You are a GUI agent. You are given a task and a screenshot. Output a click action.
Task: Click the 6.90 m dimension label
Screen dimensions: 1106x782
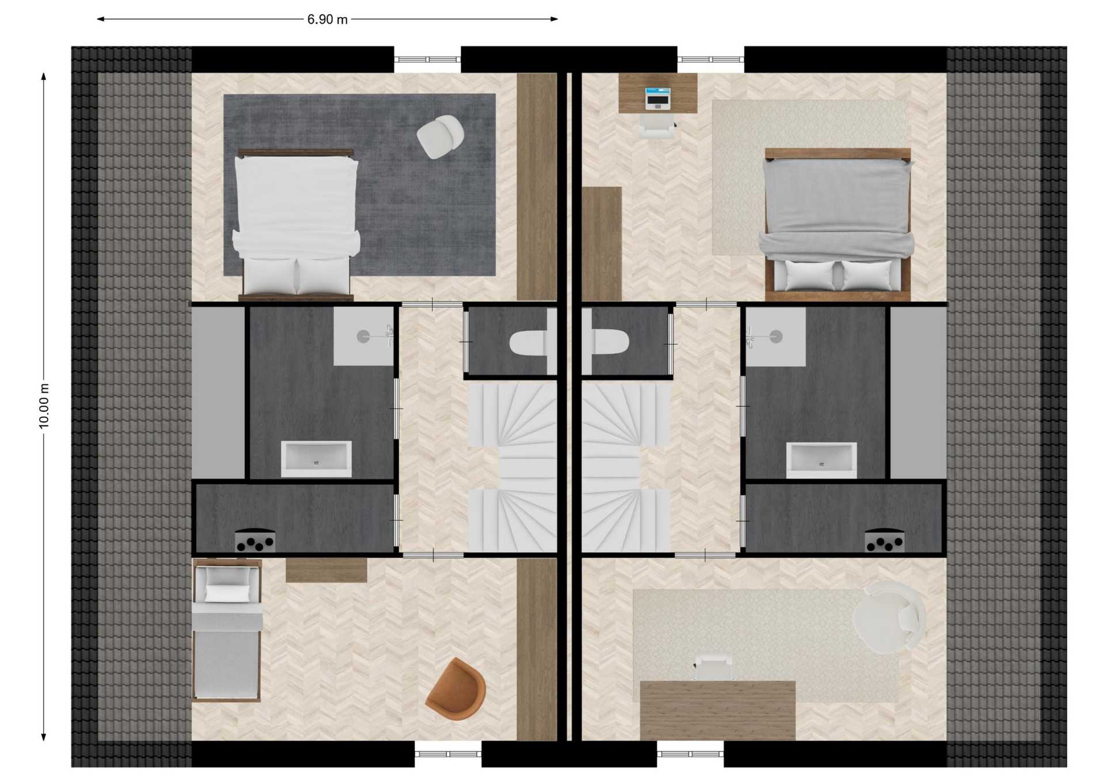(327, 20)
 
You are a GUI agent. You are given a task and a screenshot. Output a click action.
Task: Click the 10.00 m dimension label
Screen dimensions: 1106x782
(44, 406)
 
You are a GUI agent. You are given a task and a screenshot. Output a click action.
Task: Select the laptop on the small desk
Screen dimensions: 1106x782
(657, 98)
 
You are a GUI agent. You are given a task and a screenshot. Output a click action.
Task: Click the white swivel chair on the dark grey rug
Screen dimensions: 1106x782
(441, 136)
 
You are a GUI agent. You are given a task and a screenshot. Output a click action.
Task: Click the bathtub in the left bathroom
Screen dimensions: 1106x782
(316, 459)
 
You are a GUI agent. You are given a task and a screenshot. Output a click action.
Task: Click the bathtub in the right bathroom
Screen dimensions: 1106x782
(821, 460)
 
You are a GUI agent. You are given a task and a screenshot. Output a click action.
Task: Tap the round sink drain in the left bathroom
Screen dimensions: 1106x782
(363, 337)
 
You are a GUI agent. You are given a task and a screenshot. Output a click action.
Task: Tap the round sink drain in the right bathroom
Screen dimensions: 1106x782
(776, 336)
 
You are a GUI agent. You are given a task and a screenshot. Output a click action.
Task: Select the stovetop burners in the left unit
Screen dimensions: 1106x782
(255, 541)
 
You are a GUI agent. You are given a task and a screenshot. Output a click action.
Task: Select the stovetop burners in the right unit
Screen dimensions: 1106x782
(885, 541)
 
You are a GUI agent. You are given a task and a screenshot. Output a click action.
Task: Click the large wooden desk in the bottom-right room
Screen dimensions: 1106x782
(718, 711)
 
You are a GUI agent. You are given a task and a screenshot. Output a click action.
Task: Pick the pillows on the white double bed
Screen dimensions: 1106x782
(296, 275)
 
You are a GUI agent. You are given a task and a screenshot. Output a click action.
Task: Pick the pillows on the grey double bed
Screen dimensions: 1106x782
(838, 275)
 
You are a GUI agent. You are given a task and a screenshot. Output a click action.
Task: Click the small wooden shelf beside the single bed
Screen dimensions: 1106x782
(327, 570)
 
